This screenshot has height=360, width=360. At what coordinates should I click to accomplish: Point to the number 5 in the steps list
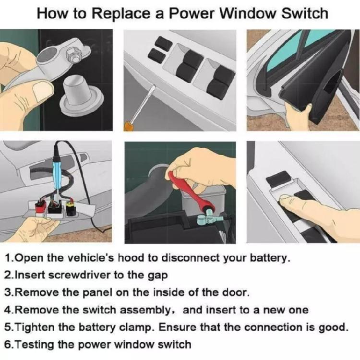8,327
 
